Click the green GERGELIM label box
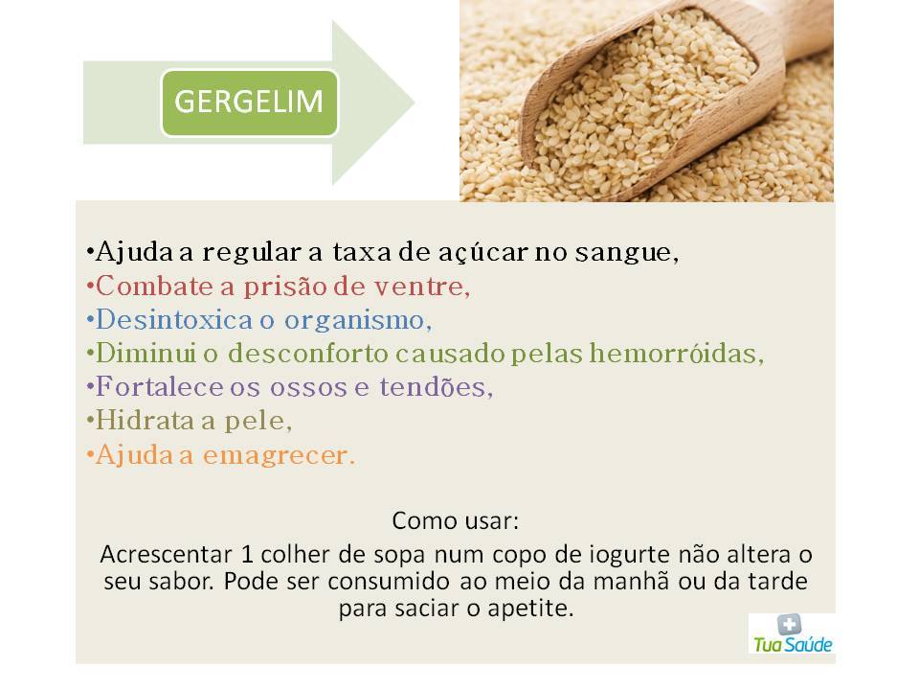(x=250, y=103)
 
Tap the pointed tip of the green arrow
(x=415, y=103)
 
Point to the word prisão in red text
(x=286, y=287)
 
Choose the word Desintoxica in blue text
(x=174, y=320)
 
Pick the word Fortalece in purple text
(x=160, y=387)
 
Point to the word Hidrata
(x=146, y=421)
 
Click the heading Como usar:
(x=456, y=521)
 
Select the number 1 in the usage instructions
(x=247, y=555)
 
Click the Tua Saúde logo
(x=792, y=633)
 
